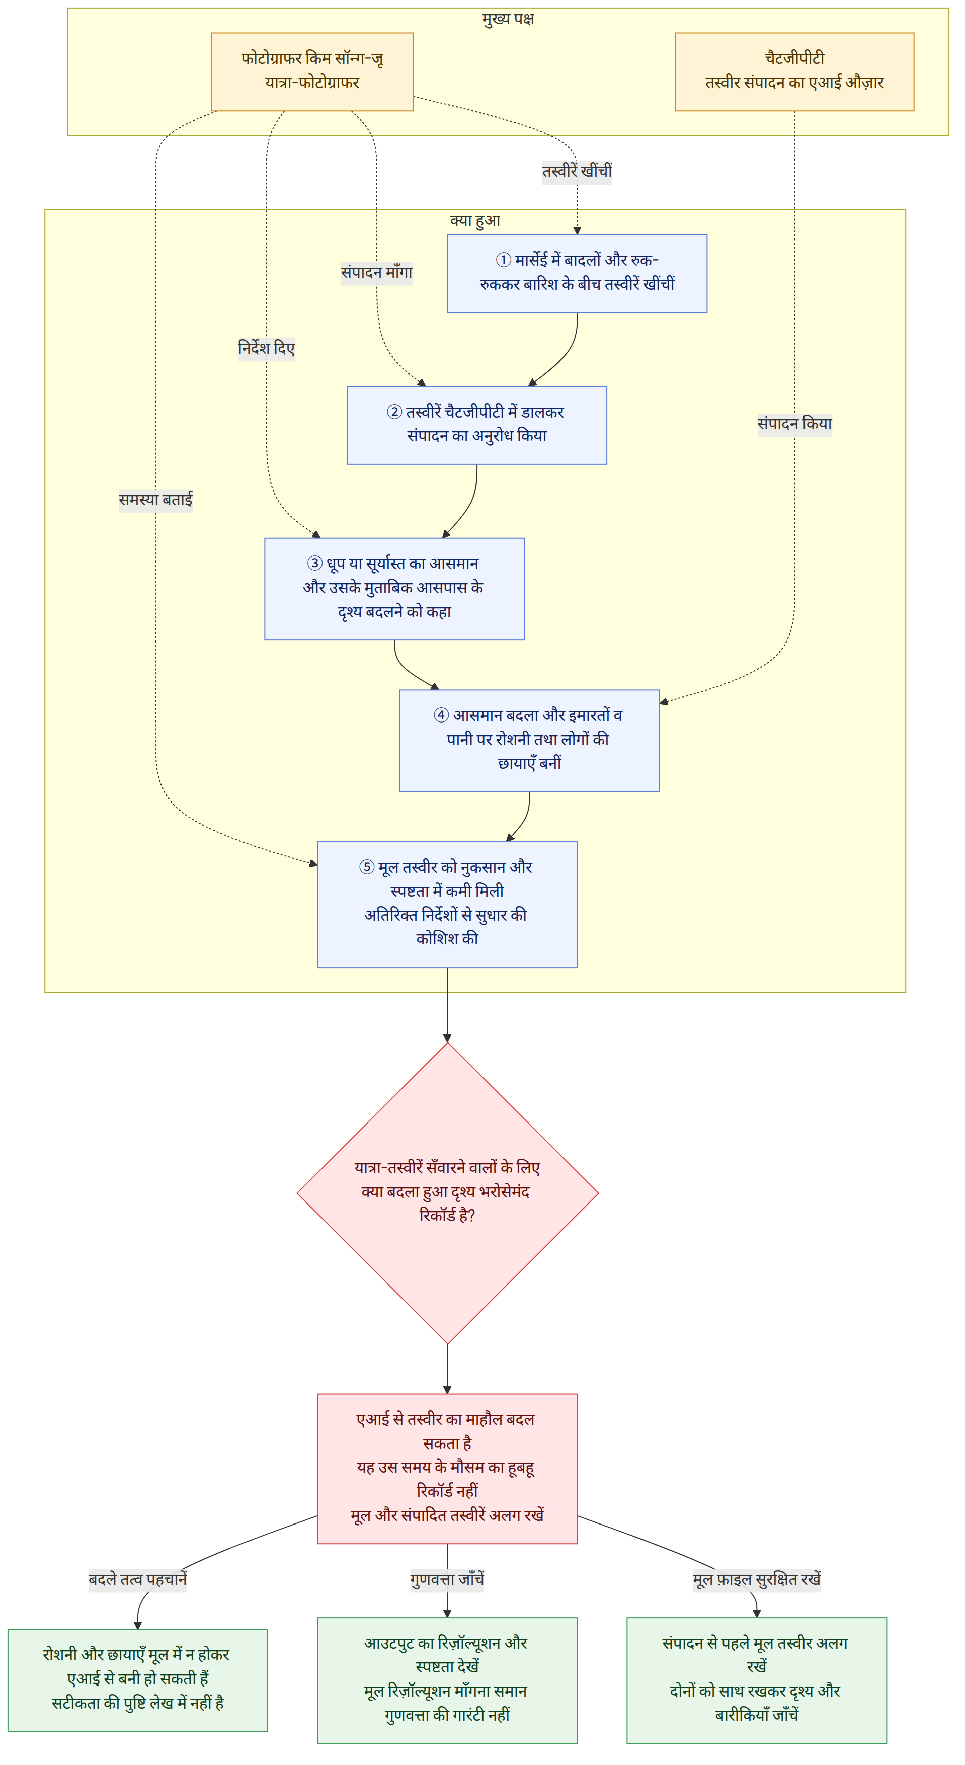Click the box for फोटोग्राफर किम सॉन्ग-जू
[x=312, y=71]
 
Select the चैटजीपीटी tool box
[x=794, y=71]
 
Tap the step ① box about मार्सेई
[x=577, y=273]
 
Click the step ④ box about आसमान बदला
[x=530, y=741]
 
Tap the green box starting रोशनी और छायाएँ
[x=138, y=1680]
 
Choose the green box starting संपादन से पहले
[x=757, y=1680]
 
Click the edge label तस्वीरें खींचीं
[x=577, y=171]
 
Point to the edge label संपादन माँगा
[x=377, y=273]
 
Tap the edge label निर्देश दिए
[x=267, y=349]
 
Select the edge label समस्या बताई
[x=155, y=500]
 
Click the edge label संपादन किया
[x=794, y=424]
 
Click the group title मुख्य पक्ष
[x=508, y=19]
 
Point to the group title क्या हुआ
[x=475, y=220]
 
